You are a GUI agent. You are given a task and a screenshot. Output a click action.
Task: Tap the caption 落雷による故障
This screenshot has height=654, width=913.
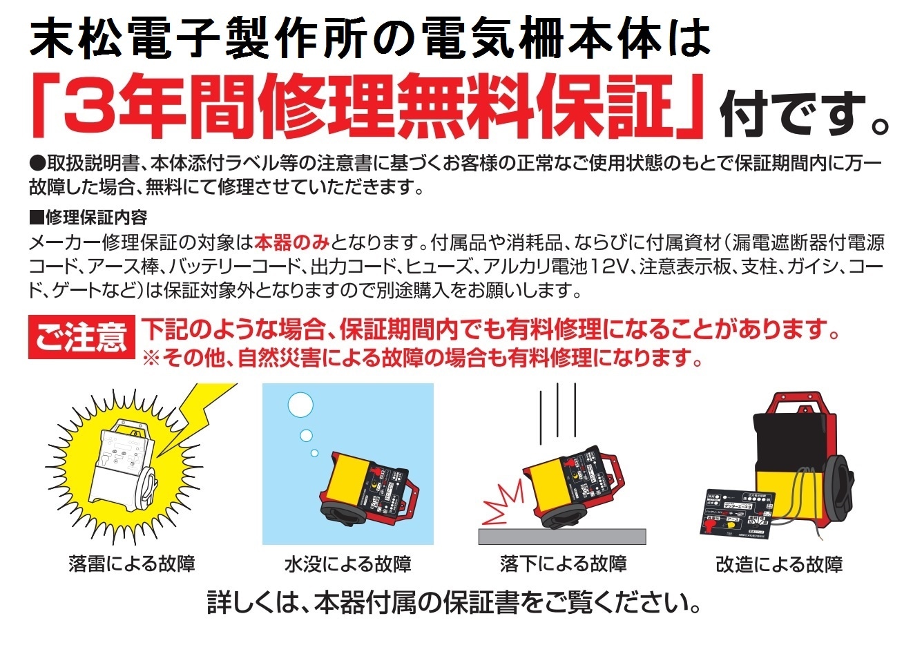[132, 564]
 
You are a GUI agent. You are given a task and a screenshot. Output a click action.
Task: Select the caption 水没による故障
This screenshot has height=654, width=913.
[347, 564]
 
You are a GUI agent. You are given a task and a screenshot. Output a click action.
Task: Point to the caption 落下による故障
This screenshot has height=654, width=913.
[563, 564]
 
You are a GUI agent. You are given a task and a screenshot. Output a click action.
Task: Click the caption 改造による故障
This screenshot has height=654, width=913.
[778, 564]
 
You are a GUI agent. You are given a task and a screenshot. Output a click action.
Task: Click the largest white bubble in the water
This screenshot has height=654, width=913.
[300, 405]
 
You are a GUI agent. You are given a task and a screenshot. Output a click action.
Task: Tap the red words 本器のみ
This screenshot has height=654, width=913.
[292, 242]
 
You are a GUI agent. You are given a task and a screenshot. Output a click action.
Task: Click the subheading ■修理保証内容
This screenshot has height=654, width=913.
[88, 218]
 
